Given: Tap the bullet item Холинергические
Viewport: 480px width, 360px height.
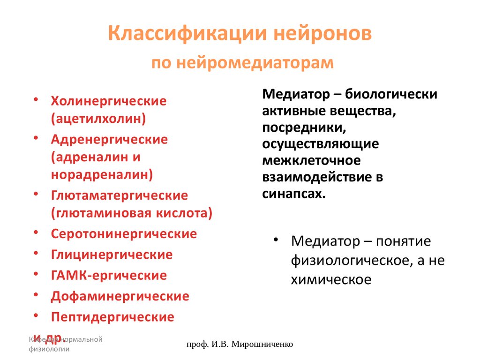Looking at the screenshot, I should [109, 101].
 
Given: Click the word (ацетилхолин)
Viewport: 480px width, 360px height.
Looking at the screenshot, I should [98, 118].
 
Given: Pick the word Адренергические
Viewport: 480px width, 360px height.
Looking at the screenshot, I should [109, 139].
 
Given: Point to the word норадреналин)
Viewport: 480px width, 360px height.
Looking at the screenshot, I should [102, 174].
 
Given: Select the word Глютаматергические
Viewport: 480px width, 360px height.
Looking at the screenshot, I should [119, 195].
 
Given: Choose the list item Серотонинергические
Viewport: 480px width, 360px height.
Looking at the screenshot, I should [124, 233].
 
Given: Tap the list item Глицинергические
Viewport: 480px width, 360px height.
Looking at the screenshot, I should [112, 255].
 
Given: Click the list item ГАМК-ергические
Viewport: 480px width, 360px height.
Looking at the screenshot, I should [109, 275].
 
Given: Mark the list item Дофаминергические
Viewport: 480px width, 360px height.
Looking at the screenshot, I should [120, 296].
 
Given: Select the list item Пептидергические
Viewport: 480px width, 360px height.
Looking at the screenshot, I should [112, 317].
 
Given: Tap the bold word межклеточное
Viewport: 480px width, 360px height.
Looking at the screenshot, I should [311, 161].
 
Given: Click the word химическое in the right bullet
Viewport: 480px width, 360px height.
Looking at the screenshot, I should [331, 280].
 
